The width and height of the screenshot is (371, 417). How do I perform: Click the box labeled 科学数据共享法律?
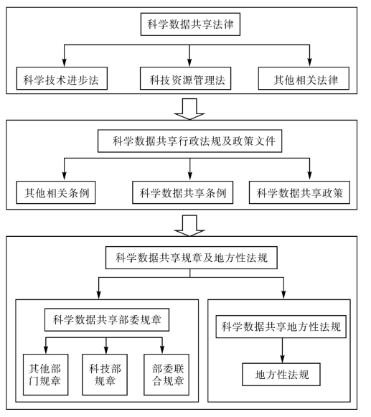(x=190, y=24)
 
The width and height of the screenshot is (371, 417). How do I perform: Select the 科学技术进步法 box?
(x=62, y=78)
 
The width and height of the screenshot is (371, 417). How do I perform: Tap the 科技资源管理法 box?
(x=186, y=78)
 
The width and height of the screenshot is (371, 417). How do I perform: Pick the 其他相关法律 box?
(x=304, y=78)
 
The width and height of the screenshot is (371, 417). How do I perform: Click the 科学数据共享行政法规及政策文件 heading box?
(x=190, y=141)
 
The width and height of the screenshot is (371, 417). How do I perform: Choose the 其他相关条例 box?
(x=56, y=192)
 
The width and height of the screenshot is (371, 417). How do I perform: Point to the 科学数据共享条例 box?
(x=183, y=192)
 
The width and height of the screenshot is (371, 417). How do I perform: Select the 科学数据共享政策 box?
(x=299, y=192)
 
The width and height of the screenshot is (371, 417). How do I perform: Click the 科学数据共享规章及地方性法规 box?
(x=192, y=258)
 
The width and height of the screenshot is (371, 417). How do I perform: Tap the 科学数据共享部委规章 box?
(x=107, y=320)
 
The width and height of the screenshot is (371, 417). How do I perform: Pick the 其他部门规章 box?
(x=46, y=375)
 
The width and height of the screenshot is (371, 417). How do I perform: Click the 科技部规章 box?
(x=105, y=375)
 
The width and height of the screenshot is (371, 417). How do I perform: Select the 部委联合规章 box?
(x=166, y=375)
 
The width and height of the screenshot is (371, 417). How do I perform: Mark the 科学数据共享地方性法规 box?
(x=281, y=327)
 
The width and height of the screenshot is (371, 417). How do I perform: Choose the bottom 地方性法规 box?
(x=281, y=375)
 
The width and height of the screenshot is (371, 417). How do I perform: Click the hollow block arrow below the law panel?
(x=189, y=109)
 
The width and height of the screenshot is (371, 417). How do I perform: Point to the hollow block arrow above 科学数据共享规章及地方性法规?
(x=189, y=226)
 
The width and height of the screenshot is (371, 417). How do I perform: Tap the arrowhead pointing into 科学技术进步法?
(x=64, y=62)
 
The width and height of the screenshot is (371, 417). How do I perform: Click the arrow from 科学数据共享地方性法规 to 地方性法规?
(x=283, y=350)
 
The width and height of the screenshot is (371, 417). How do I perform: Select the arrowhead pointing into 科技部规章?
(x=106, y=350)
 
